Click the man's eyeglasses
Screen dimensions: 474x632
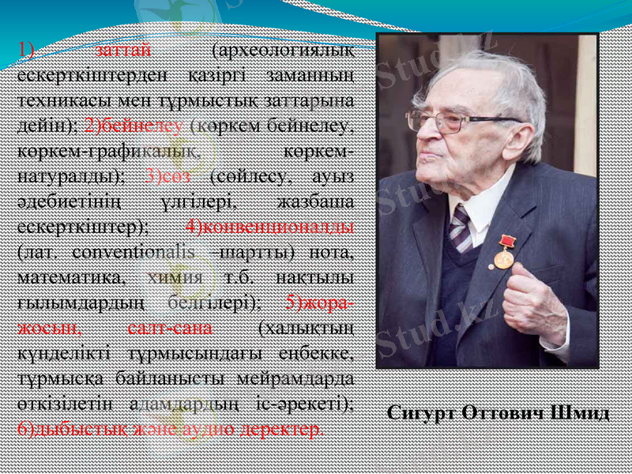[x=450, y=121]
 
